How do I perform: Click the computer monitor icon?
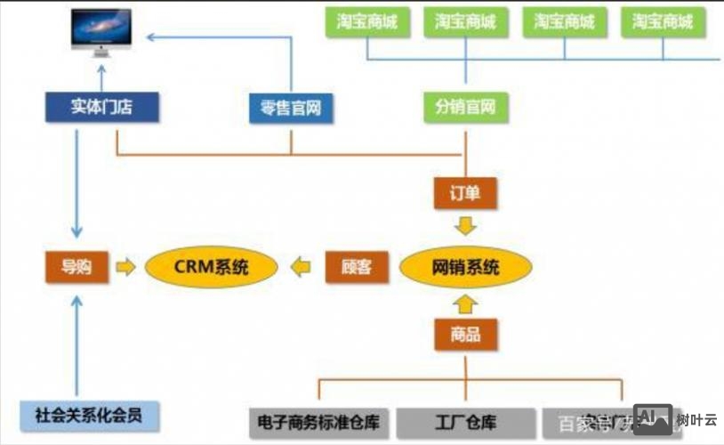(101, 32)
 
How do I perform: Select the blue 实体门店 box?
(102, 108)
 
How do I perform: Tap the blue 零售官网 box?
(291, 109)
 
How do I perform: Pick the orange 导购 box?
(76, 266)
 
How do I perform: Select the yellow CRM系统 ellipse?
(211, 266)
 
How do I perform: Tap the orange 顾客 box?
(356, 266)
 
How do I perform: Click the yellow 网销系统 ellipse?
(465, 266)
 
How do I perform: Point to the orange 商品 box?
(465, 335)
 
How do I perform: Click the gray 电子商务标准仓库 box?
(318, 422)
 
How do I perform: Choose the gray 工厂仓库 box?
(465, 422)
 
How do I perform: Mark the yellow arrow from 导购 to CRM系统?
(126, 266)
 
